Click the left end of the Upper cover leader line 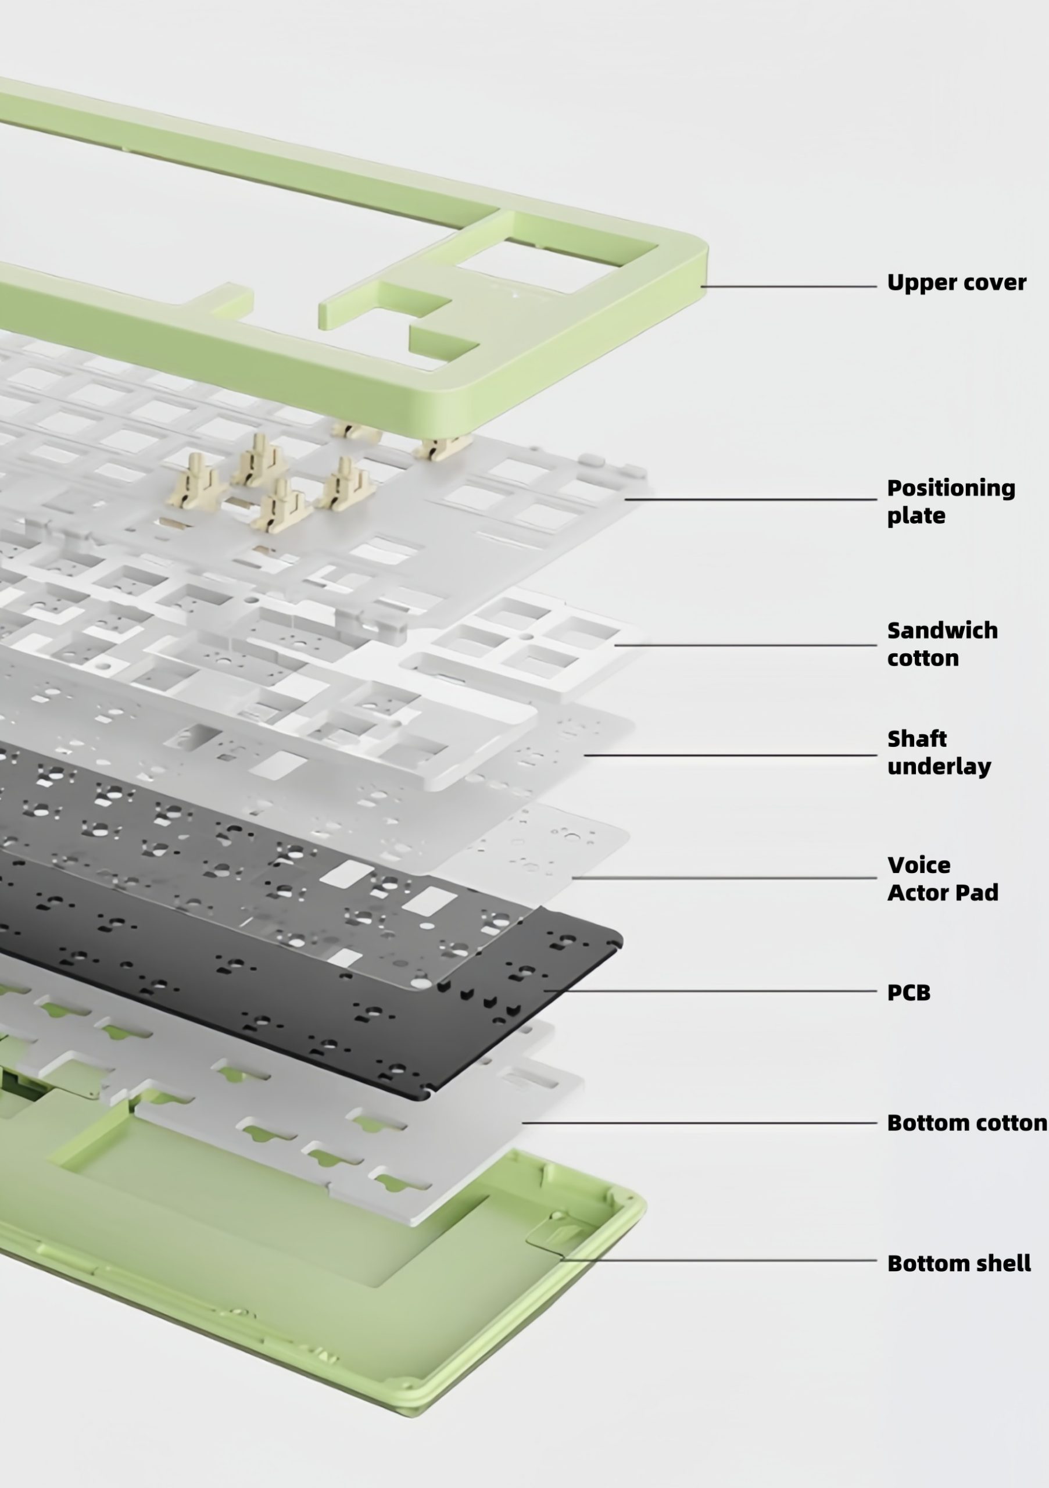701,287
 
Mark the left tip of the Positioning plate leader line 625,500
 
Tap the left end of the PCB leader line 545,991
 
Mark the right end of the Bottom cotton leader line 876,1123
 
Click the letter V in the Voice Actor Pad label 897,866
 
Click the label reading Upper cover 957,283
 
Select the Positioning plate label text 951,502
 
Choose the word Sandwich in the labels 942,631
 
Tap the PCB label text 908,993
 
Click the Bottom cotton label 966,1123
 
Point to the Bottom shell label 959,1263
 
